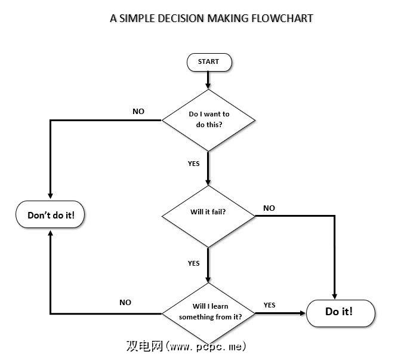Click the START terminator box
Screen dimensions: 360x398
click(x=208, y=62)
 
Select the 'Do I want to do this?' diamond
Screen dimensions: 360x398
click(x=208, y=120)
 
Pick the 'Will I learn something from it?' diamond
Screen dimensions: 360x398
click(x=209, y=312)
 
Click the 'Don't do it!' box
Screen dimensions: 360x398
click(x=51, y=216)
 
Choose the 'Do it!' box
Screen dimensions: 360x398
click(x=340, y=312)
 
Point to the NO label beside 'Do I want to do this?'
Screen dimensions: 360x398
click(x=138, y=112)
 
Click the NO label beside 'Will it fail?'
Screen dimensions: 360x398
click(x=269, y=208)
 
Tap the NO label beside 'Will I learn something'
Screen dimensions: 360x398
click(x=125, y=303)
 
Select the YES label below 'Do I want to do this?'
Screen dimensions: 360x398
click(x=194, y=163)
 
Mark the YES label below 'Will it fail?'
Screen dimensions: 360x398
click(x=194, y=263)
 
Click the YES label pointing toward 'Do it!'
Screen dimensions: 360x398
click(x=270, y=305)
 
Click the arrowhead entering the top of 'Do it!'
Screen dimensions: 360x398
click(x=334, y=295)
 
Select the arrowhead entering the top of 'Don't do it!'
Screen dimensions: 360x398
click(x=50, y=196)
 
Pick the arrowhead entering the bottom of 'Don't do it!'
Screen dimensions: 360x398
click(x=50, y=235)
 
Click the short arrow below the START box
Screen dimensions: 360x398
click(x=208, y=79)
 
